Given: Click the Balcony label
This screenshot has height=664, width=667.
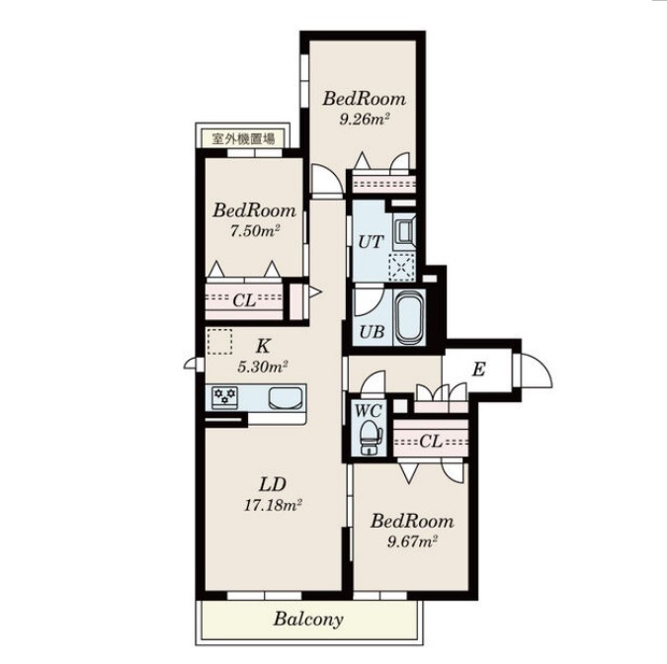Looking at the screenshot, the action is click(308, 620).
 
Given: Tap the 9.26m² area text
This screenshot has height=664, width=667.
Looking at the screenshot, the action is click(365, 120).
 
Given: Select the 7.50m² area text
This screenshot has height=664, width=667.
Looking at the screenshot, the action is click(254, 231).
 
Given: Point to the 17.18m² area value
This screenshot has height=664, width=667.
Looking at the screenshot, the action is click(273, 505).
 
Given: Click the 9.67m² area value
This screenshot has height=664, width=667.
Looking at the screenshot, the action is click(413, 541).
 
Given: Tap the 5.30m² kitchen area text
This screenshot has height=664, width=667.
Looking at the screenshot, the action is click(263, 367).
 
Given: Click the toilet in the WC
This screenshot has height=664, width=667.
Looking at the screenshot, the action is click(371, 437).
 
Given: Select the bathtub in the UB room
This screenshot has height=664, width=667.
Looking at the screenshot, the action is click(409, 317).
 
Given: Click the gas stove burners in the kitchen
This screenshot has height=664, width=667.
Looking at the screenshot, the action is click(224, 397).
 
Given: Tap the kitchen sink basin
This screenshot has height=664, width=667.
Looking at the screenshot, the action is click(287, 398).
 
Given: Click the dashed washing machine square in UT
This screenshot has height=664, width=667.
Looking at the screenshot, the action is click(401, 267).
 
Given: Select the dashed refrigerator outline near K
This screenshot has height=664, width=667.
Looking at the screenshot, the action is click(219, 342).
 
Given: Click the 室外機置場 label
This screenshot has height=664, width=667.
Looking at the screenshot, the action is click(243, 138).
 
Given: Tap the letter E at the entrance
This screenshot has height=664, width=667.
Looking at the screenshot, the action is click(478, 370).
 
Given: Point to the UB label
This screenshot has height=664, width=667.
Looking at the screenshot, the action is click(372, 331).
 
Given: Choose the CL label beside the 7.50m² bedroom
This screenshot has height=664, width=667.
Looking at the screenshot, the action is click(244, 300).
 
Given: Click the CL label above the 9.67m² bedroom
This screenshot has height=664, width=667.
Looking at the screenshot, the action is click(431, 442).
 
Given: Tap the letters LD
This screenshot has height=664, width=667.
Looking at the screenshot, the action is click(273, 484).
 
